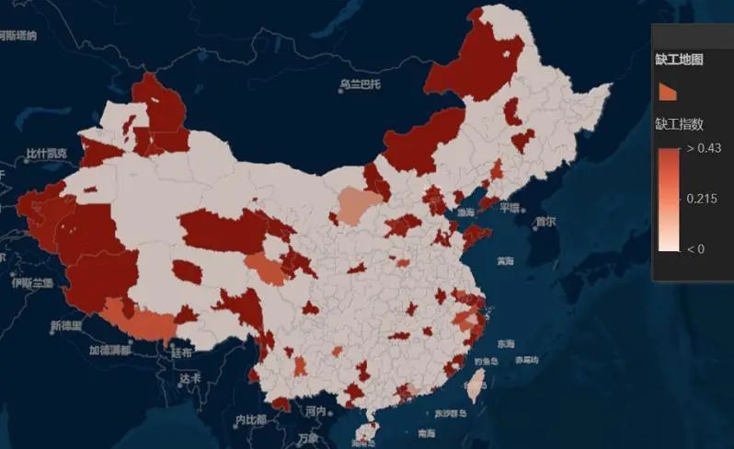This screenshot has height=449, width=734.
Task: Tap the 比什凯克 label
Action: (x=46, y=153)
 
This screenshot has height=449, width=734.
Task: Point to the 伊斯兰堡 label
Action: (x=32, y=282)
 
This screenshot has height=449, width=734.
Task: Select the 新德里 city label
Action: (x=66, y=326)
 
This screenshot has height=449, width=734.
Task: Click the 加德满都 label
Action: (x=109, y=350)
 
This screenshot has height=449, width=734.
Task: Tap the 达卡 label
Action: (x=190, y=378)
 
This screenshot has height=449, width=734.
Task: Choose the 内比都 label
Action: (x=249, y=420)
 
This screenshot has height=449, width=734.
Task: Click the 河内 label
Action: (x=315, y=410)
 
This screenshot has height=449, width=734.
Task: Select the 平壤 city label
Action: (x=510, y=207)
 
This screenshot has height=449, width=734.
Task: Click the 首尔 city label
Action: (x=545, y=221)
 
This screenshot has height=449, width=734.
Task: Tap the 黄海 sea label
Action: (x=505, y=260)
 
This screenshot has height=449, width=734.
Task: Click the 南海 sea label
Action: (x=426, y=432)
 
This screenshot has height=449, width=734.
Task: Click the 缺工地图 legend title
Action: (x=680, y=59)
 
